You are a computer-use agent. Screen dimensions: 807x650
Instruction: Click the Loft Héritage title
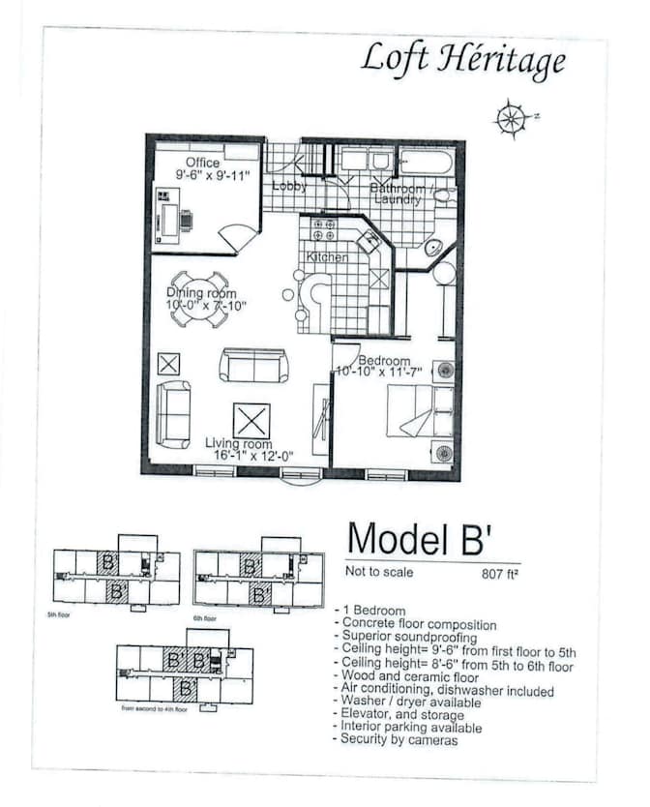[x=463, y=60]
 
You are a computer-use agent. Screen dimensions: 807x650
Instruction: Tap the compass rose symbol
[x=510, y=120]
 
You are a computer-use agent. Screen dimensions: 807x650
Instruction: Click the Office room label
[x=203, y=163]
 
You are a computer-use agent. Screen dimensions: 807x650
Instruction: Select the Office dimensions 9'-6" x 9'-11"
[x=213, y=176]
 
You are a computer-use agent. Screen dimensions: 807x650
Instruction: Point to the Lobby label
[x=289, y=185]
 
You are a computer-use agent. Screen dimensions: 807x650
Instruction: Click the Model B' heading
[x=426, y=538]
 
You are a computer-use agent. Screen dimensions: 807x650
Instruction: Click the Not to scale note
[x=379, y=572]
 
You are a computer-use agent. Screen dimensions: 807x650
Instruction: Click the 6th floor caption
[x=204, y=618]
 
